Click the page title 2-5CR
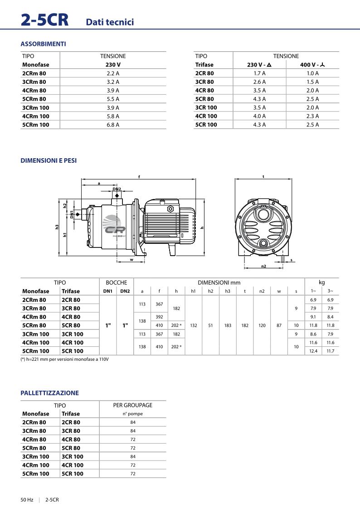coord(44,19)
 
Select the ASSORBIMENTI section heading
coord(43,44)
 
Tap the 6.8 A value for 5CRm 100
coord(113,125)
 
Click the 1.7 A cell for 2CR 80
coord(259,73)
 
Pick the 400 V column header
coord(312,65)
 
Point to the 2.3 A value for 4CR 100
coord(312,116)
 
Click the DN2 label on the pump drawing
coord(117,189)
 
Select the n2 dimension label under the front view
coord(263,266)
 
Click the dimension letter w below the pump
coord(131,260)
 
